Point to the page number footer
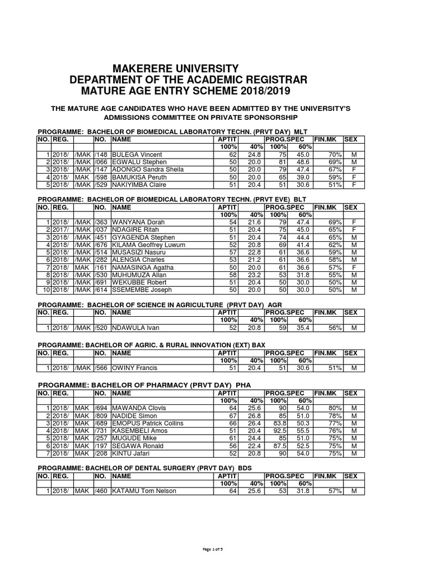point(213,549)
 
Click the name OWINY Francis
point(135,368)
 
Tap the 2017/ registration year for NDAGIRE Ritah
point(62,230)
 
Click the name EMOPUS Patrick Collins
point(148,423)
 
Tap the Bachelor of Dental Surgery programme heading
point(144,468)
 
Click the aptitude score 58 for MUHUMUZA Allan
point(232,275)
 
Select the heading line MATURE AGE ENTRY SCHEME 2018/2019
point(185,91)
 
